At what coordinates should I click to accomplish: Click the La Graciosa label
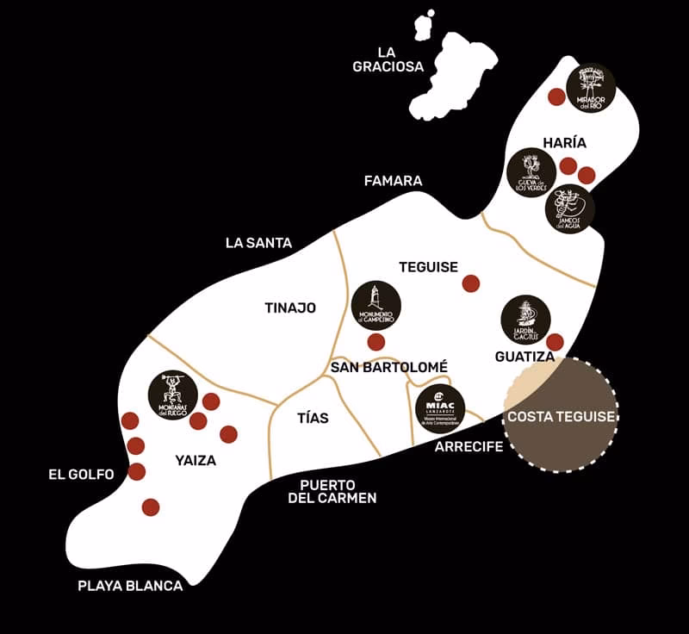388,59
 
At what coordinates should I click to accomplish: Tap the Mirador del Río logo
591,88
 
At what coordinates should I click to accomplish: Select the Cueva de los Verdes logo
531,173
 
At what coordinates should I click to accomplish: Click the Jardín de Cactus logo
526,320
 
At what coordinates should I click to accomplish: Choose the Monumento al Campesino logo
376,305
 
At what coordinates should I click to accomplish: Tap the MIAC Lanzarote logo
440,408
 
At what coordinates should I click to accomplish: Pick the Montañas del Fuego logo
173,395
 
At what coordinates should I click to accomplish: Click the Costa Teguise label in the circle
562,416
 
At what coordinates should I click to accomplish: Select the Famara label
393,181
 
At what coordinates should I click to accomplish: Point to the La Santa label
258,243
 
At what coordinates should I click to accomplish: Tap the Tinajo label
290,308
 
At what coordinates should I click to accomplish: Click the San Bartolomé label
389,367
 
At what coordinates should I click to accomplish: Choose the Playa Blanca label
130,586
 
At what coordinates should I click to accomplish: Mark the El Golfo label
81,474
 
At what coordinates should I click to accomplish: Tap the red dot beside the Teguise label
471,283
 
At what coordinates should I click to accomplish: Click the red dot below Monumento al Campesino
376,342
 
